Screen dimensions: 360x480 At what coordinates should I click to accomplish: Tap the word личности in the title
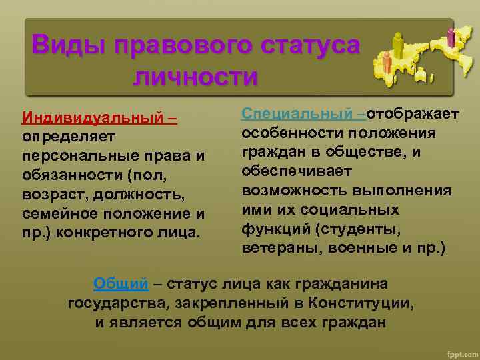pyautogui.click(x=195, y=76)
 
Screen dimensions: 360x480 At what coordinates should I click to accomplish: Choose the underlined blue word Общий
pyautogui.click(x=121, y=283)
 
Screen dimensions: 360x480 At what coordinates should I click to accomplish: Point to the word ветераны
pyautogui.click(x=273, y=248)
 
